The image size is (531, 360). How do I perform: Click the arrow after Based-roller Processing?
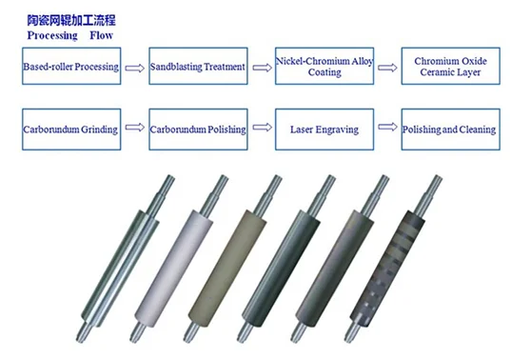(x=135, y=69)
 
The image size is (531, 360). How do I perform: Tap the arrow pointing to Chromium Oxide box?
(x=387, y=68)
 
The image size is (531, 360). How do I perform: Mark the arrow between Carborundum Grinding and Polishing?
(x=135, y=127)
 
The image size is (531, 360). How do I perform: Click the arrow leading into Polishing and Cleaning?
(x=387, y=127)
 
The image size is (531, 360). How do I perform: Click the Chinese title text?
(x=71, y=20)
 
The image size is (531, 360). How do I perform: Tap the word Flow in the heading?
(x=101, y=35)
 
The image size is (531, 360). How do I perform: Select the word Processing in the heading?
(x=52, y=35)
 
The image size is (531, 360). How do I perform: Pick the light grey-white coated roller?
(x=176, y=265)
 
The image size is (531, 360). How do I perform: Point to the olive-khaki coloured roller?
(x=230, y=265)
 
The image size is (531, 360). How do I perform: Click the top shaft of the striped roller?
(x=429, y=195)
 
